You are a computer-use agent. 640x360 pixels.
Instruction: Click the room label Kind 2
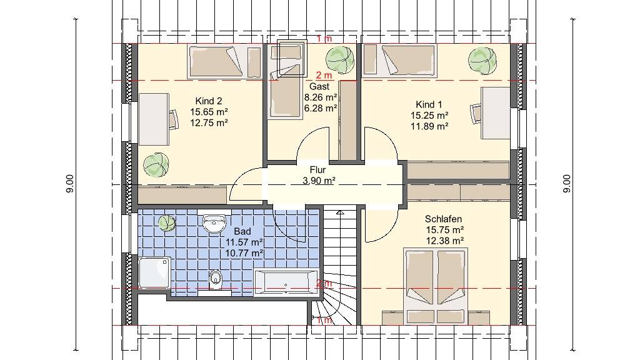point(209,101)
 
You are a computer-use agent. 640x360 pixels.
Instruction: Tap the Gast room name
point(319,86)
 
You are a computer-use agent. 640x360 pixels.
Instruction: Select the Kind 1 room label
point(429,104)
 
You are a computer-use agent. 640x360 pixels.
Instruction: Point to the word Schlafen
point(443,219)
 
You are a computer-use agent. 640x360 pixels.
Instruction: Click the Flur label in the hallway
point(317,170)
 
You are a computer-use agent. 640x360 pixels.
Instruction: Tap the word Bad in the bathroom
point(242,232)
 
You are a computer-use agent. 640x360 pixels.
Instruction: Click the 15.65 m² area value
point(209,111)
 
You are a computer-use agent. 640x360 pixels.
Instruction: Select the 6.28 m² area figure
point(321,108)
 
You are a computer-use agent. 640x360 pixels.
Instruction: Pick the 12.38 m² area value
point(445,241)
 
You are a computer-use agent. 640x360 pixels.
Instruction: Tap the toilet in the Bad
point(215,279)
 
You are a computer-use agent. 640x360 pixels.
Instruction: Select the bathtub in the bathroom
point(286,282)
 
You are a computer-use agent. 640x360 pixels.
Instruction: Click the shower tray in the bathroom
point(154,272)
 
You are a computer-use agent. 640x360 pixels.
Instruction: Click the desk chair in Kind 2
point(174,119)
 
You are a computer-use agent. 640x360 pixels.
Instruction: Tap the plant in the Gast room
point(340,59)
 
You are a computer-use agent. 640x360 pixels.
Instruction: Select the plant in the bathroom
point(167,224)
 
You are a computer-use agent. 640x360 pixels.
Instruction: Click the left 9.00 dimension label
point(70,184)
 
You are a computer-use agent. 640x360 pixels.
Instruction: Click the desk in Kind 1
point(496,113)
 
